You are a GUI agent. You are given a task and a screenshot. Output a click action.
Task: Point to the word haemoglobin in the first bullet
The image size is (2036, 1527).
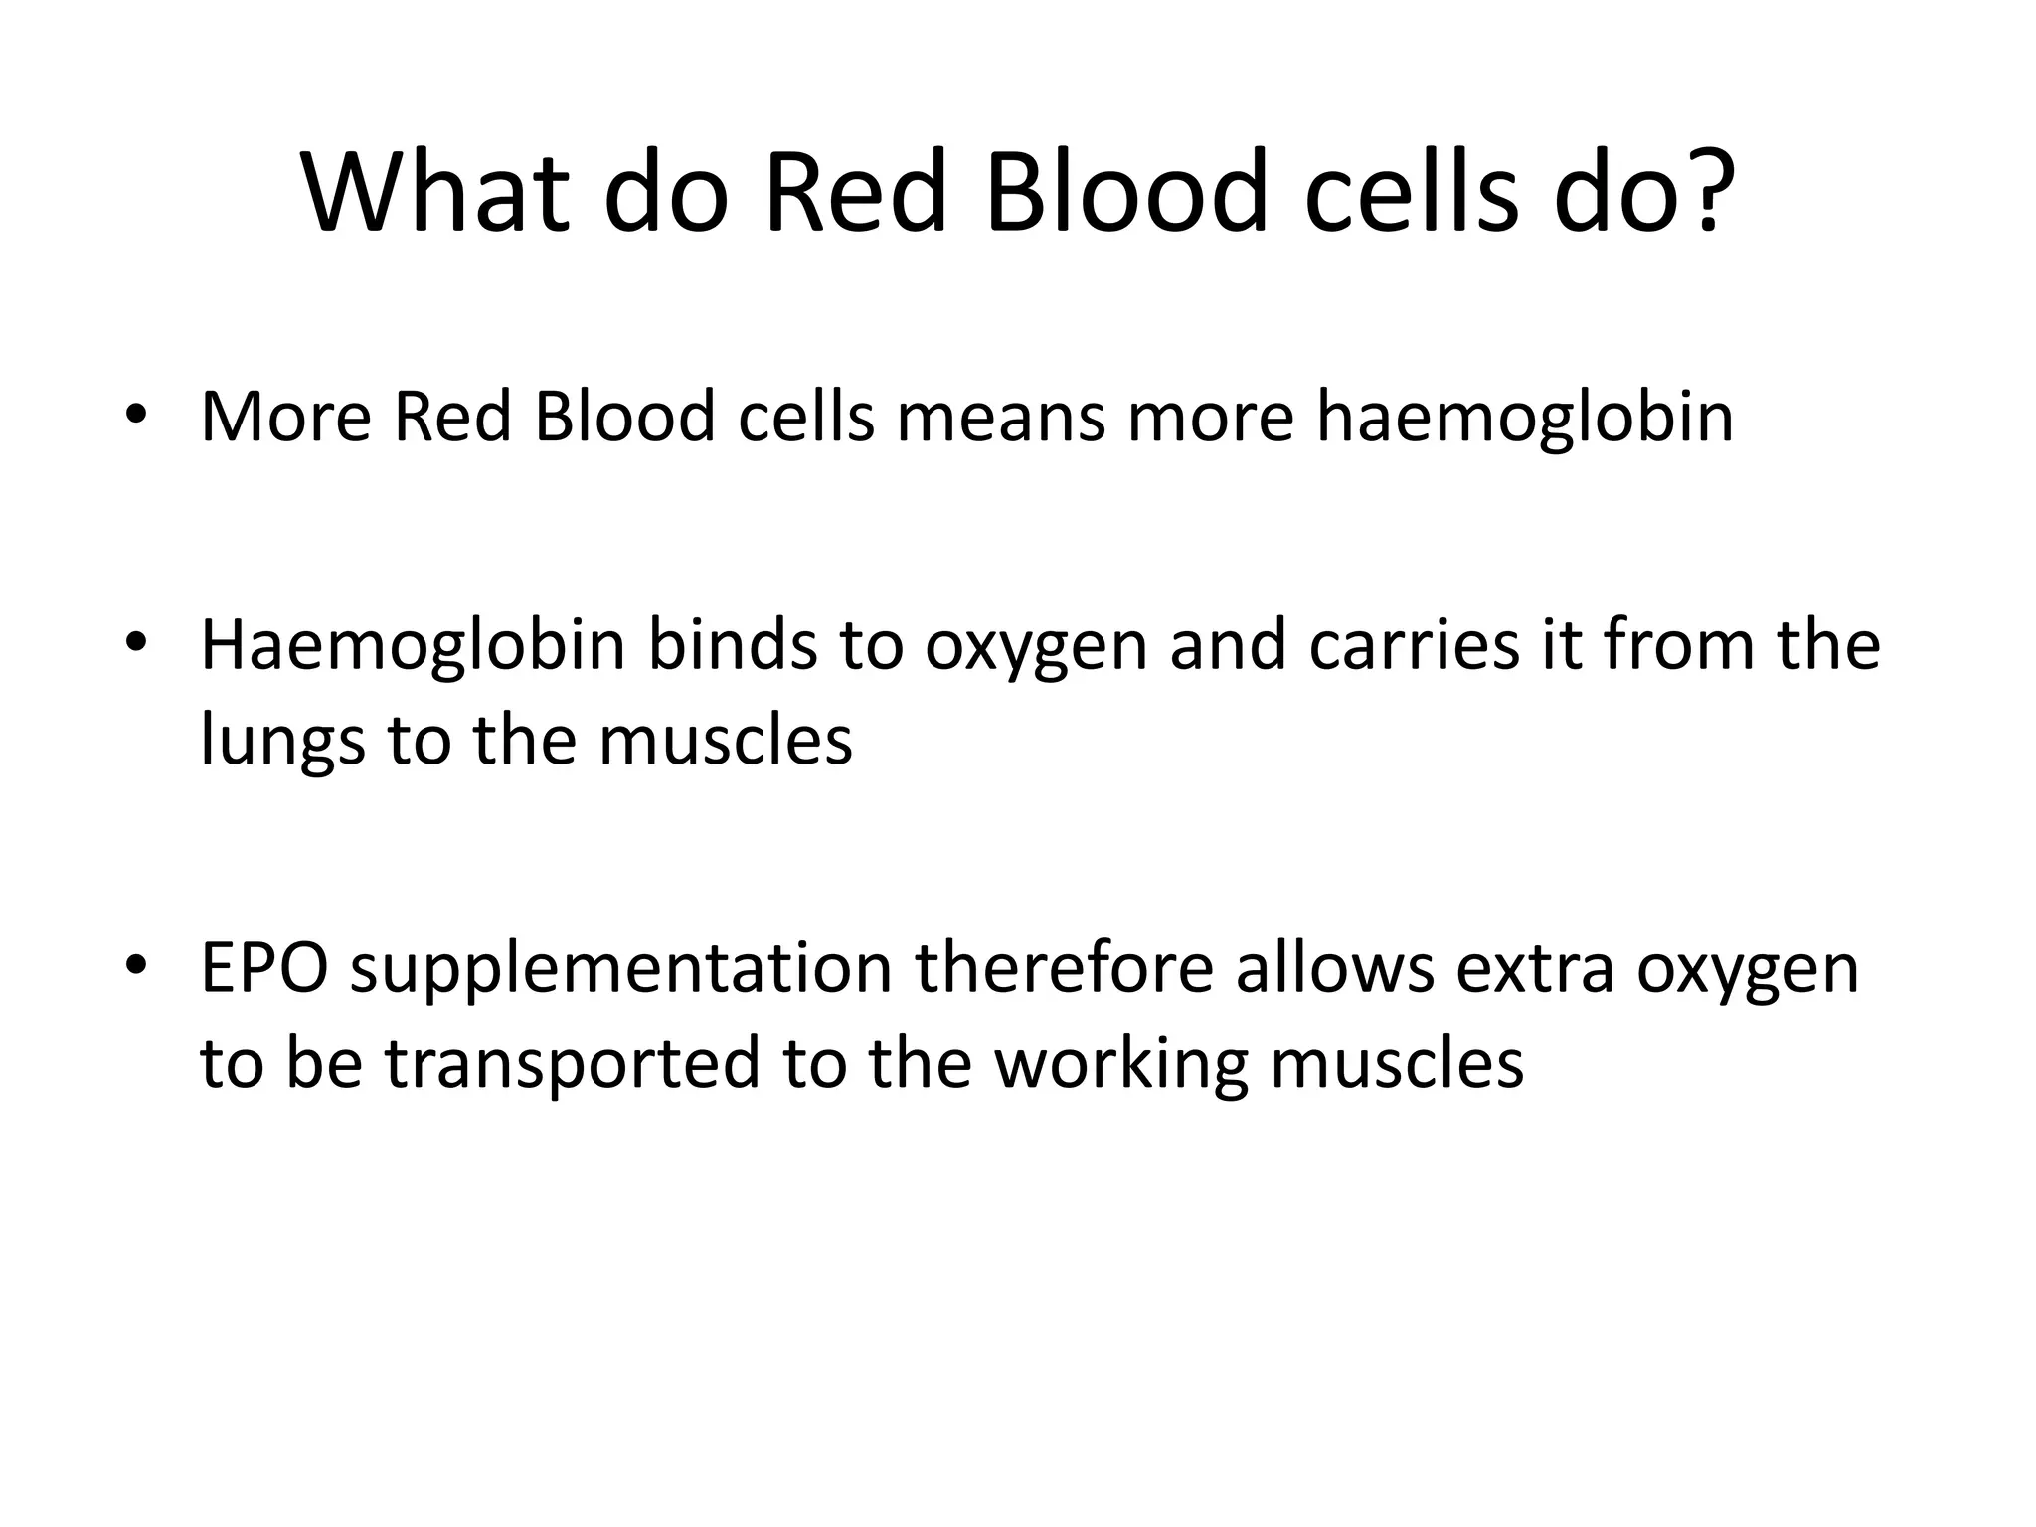(x=1525, y=418)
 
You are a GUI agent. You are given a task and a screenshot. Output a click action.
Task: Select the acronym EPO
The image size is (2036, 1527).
(x=264, y=968)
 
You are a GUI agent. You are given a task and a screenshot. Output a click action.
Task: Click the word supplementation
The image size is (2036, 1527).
(x=621, y=972)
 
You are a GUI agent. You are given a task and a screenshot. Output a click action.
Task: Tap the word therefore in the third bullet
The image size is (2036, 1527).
(x=1064, y=968)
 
